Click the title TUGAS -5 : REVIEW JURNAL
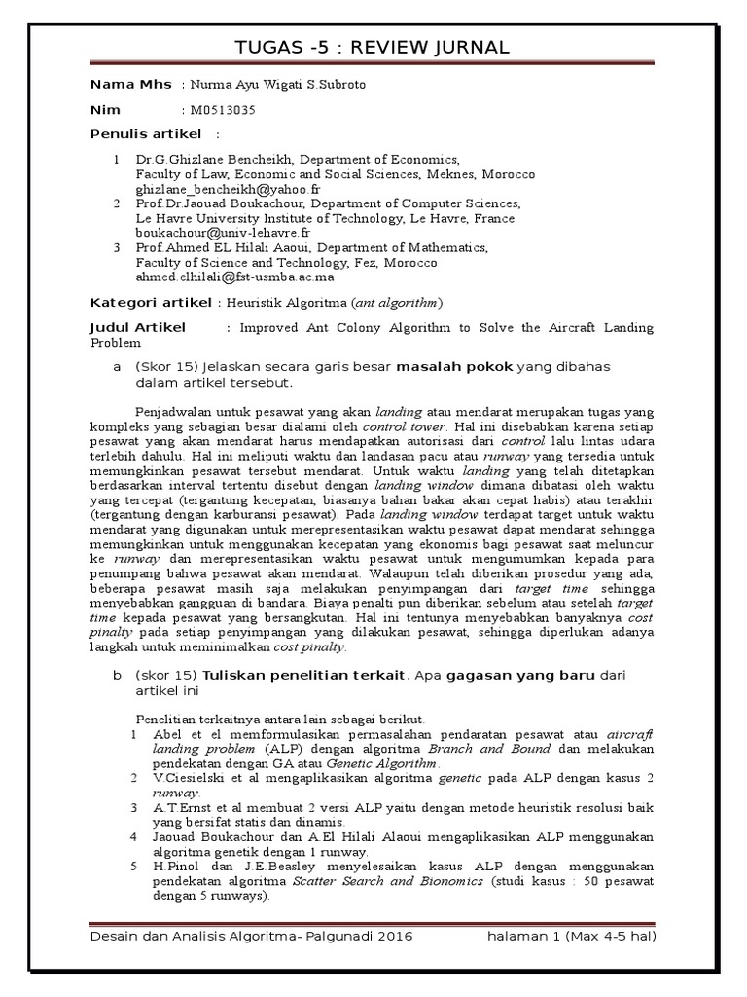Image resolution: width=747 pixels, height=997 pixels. point(373,49)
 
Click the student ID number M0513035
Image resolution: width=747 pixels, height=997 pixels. point(219,110)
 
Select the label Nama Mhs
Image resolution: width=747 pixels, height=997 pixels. point(129,85)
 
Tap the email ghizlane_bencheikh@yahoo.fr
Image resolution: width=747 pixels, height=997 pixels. point(229,189)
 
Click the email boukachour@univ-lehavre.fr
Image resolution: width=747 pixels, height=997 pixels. point(223,234)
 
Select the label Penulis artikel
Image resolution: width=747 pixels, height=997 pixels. point(145,133)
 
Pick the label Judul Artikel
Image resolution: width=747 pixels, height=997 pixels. point(137,327)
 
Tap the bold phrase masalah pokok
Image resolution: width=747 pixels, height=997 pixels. point(454,366)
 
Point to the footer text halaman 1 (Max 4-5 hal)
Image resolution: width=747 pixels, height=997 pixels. point(572,936)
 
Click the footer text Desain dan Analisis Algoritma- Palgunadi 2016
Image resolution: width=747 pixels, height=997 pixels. point(251,936)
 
